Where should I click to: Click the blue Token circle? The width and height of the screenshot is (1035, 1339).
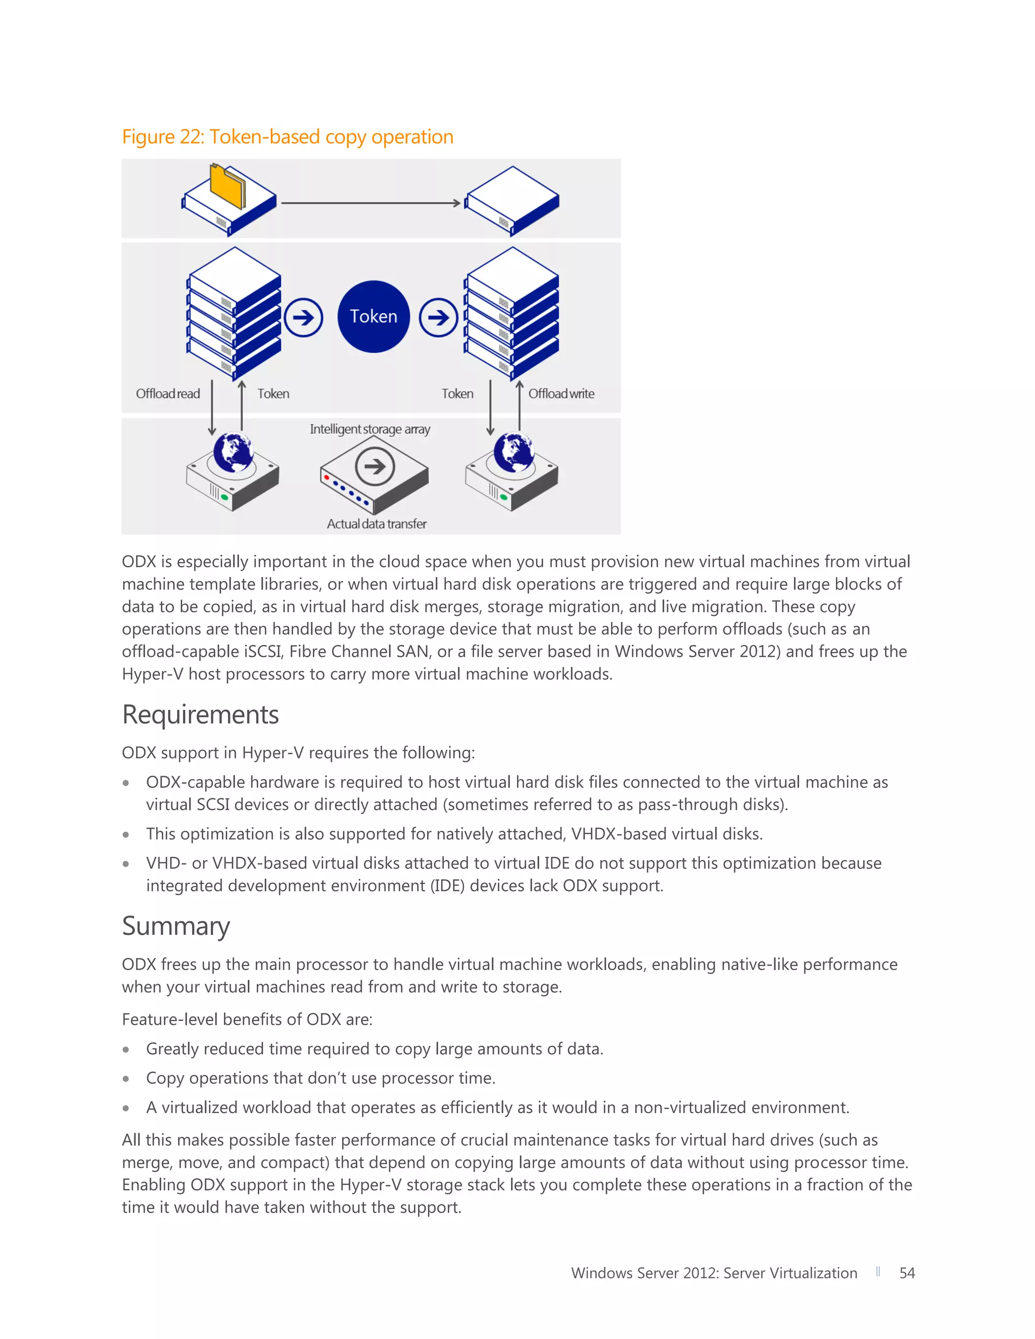(373, 316)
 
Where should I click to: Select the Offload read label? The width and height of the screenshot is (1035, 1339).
(168, 394)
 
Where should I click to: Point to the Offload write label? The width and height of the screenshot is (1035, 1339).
(561, 394)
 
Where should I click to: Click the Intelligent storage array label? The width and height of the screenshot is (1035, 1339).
(370, 429)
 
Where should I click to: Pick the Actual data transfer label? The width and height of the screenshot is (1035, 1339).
(377, 523)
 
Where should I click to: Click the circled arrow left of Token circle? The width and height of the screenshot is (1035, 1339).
(304, 318)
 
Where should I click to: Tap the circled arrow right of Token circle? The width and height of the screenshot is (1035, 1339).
(438, 318)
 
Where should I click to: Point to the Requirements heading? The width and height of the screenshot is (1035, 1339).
(201, 715)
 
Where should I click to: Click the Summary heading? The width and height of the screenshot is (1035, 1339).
(176, 926)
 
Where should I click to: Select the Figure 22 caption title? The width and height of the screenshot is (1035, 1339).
(288, 137)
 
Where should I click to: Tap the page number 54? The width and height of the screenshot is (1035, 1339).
(907, 1273)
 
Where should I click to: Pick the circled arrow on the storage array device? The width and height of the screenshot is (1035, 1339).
(374, 466)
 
